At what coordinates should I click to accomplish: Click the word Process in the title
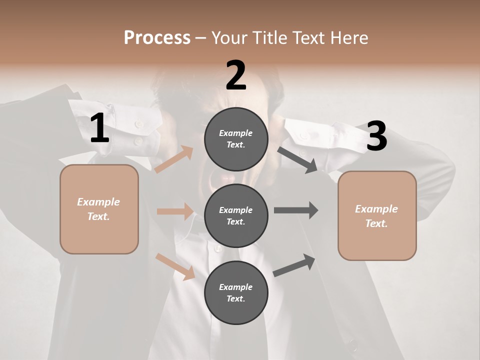[x=157, y=37]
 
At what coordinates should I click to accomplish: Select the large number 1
[x=99, y=129]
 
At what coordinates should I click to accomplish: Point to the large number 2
[x=236, y=75]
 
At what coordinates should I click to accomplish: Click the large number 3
[x=376, y=136]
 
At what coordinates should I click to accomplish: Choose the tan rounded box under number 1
[x=99, y=209]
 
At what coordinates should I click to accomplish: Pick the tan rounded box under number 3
[x=377, y=215]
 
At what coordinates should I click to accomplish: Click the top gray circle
[x=236, y=139]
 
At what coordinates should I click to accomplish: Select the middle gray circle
[x=236, y=215]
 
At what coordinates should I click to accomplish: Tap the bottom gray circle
[x=236, y=292]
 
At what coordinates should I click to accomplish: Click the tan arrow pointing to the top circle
[x=174, y=159]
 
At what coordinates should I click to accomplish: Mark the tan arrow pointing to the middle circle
[x=175, y=211]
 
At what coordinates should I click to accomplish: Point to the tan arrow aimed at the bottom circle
[x=175, y=266]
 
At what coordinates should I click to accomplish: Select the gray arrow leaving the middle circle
[x=296, y=210]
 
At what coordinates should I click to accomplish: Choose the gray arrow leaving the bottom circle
[x=294, y=265]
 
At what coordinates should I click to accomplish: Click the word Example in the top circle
[x=236, y=133]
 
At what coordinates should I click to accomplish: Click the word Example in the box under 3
[x=376, y=209]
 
